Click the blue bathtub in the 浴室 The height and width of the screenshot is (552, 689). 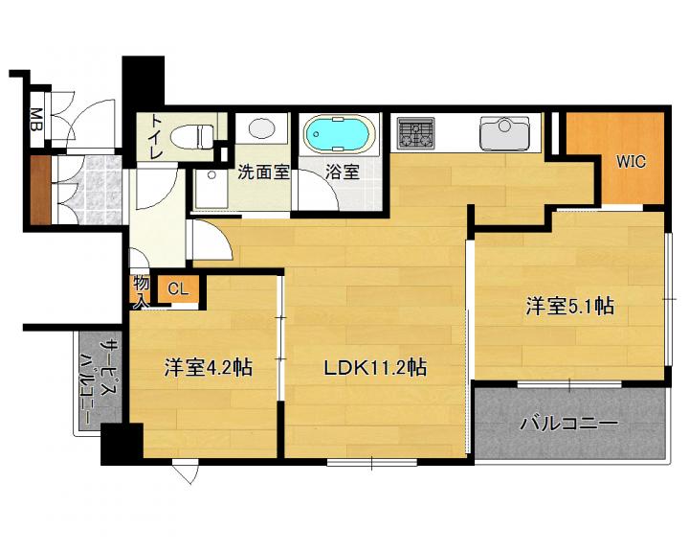tap(340, 134)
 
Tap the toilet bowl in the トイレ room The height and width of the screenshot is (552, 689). tap(192, 135)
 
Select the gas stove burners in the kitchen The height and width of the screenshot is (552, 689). tap(415, 133)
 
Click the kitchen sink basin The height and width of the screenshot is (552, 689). tap(504, 133)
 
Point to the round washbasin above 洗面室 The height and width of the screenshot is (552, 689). tap(261, 128)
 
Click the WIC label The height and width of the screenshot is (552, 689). tap(631, 162)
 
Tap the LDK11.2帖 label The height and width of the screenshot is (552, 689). tap(375, 368)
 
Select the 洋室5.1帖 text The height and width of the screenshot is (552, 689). tap(570, 306)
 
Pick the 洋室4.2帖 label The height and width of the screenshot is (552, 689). tap(209, 368)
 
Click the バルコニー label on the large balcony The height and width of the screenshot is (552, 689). tap(569, 424)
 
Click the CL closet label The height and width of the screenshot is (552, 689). tap(178, 288)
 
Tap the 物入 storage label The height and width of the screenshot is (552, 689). tap(141, 290)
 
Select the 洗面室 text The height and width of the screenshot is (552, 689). tap(264, 172)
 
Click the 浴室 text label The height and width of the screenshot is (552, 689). tap(343, 172)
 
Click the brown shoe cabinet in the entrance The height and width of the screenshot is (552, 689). tap(41, 190)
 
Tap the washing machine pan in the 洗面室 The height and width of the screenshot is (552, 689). tap(211, 190)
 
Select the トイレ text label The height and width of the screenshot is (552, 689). tap(157, 136)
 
